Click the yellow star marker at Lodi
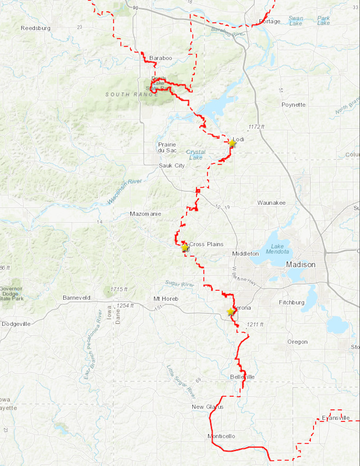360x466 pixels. (232, 143)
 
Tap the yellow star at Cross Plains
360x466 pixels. (185, 247)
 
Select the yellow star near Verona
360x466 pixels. (230, 311)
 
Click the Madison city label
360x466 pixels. (300, 265)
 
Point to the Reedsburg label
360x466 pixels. (36, 28)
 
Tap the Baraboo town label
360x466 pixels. (160, 58)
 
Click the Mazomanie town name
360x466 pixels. (145, 214)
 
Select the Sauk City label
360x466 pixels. (172, 166)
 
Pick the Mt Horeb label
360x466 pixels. (166, 298)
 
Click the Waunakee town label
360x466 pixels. (272, 203)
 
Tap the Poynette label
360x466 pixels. (293, 105)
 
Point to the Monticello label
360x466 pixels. (221, 436)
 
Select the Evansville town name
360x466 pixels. (336, 418)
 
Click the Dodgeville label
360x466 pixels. (16, 324)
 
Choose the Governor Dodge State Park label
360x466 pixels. (12, 293)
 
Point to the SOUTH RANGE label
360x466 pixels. (127, 94)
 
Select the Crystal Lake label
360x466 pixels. (196, 155)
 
